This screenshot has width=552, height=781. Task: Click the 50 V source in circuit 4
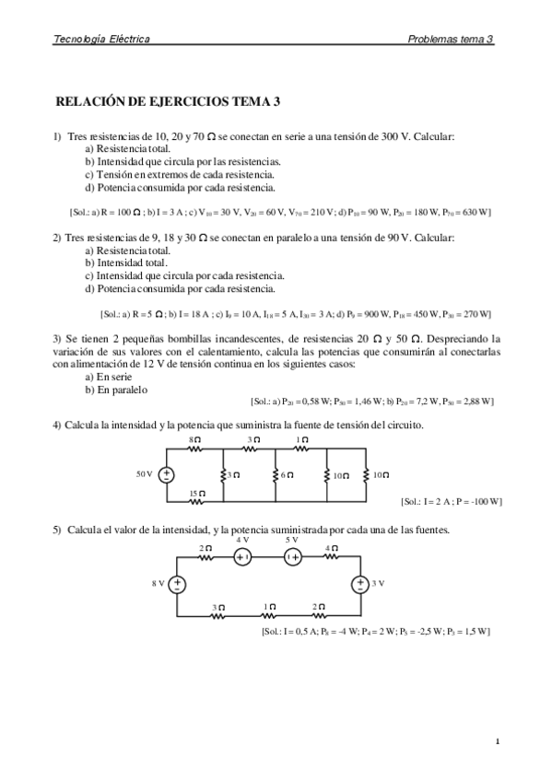point(167,474)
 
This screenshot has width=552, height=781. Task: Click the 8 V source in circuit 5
point(176,583)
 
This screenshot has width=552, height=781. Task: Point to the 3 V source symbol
point(358,583)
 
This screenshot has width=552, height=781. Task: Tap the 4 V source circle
point(242,557)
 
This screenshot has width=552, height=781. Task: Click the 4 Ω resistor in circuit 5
point(331,557)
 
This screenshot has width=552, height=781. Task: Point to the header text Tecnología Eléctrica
point(102,39)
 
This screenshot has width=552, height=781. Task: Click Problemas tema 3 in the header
point(451,39)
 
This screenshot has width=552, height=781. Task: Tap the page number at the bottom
point(496,740)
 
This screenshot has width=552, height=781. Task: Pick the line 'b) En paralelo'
point(115,389)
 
